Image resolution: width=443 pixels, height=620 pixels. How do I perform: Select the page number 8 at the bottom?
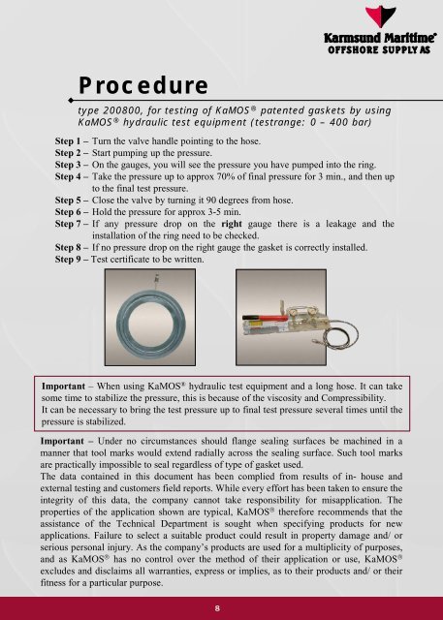(x=221, y=606)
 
